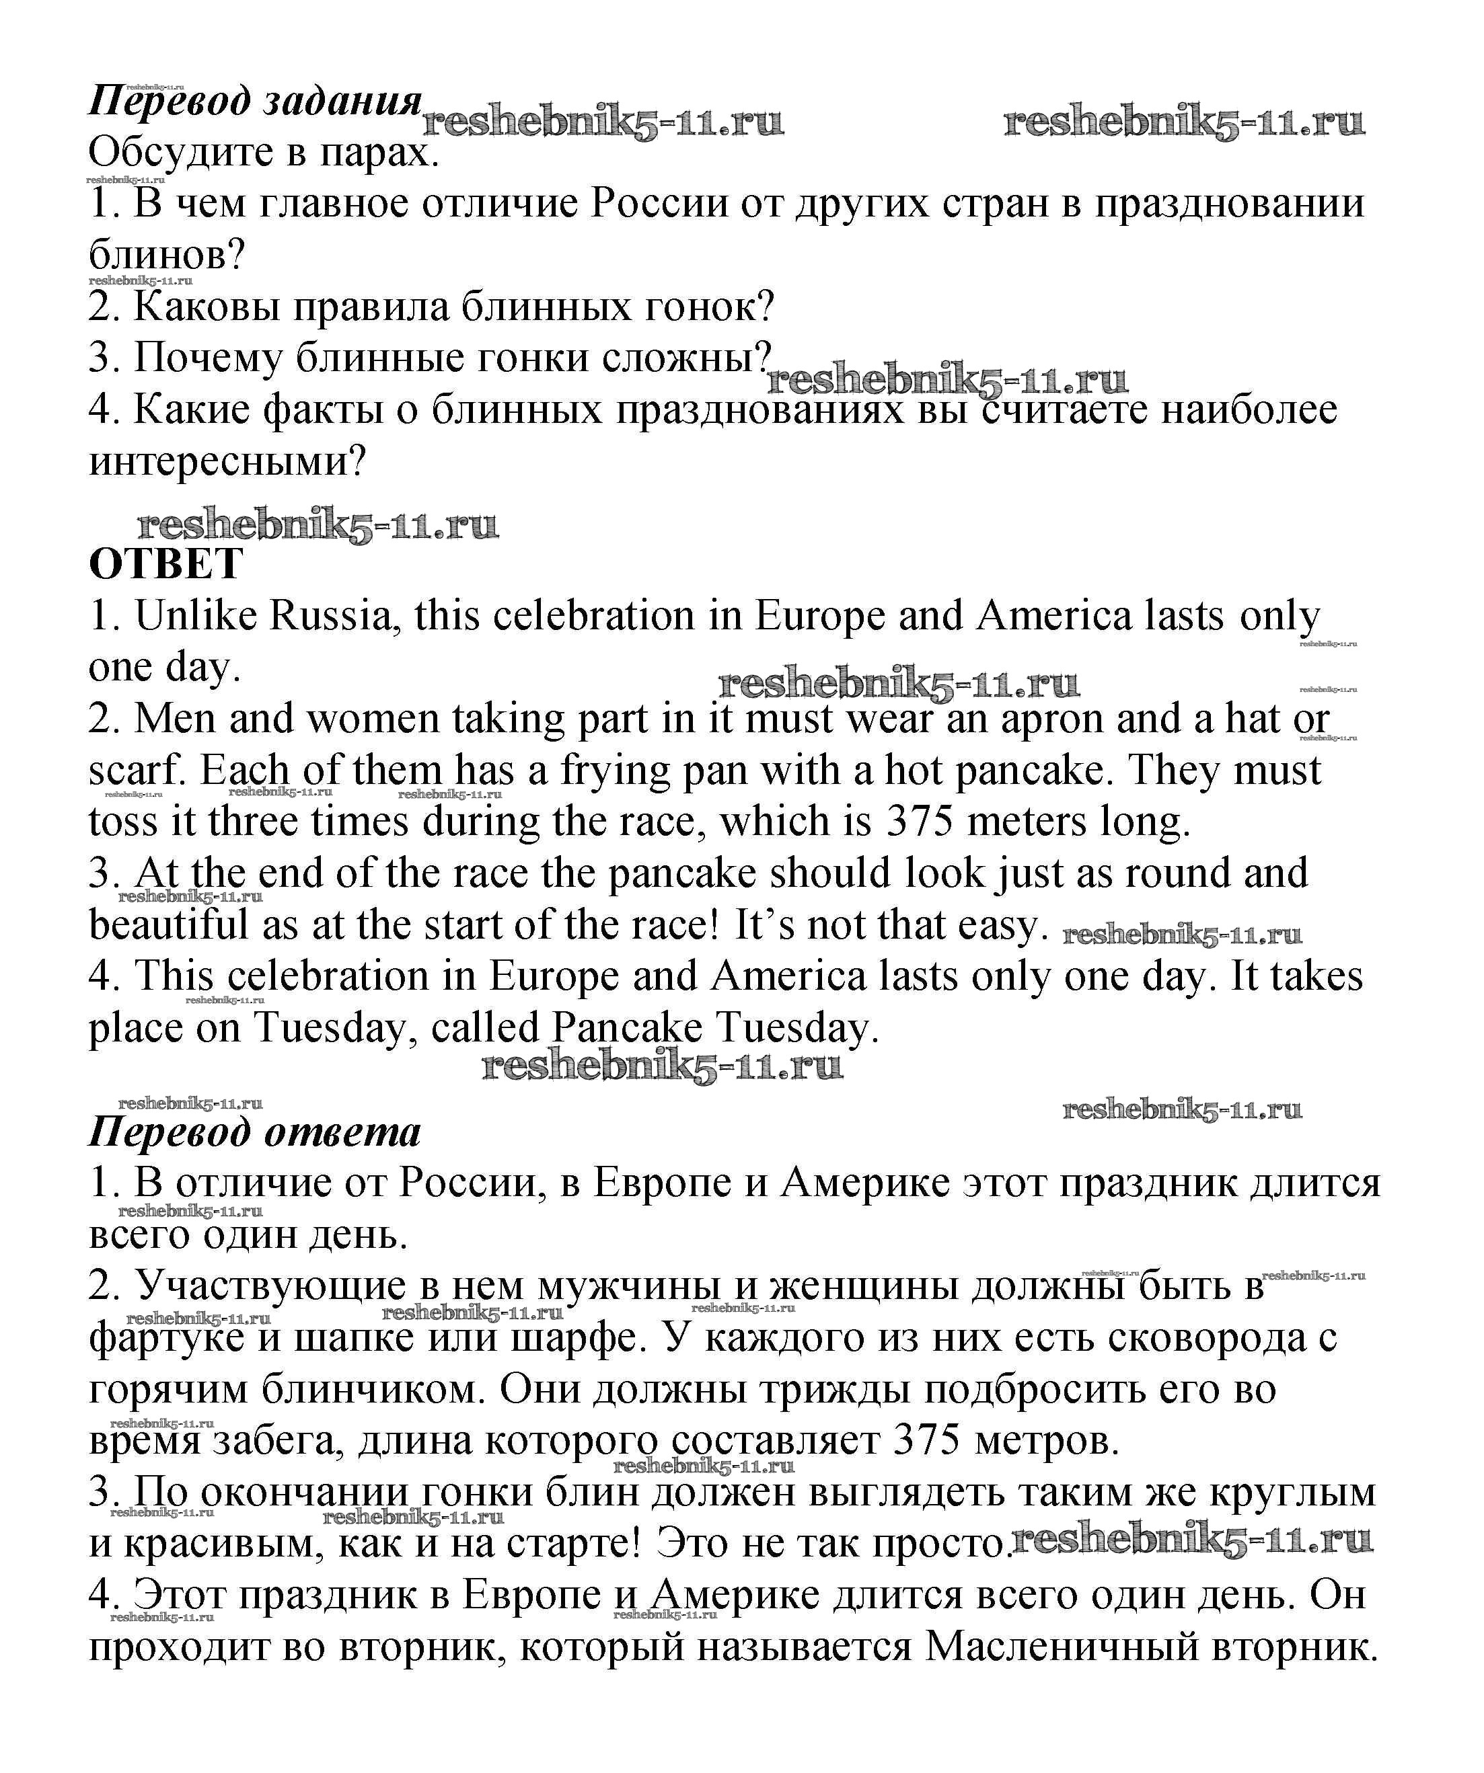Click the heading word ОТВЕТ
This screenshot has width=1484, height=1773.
click(x=166, y=564)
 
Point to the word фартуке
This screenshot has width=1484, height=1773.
click(x=166, y=1338)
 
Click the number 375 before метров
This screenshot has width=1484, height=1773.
click(x=926, y=1442)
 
